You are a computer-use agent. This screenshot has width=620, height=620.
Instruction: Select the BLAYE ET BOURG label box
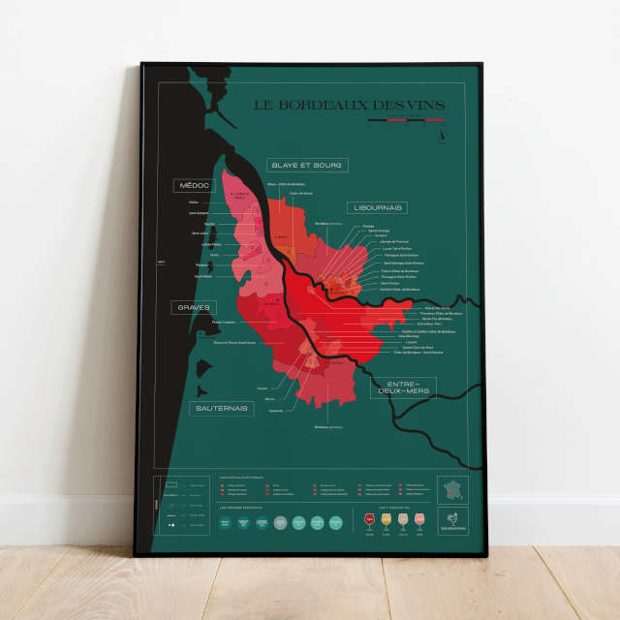pos(307,165)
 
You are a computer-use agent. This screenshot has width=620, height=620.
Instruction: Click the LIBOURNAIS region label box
pos(378,207)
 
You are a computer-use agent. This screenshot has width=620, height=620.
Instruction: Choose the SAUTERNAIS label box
pos(221,408)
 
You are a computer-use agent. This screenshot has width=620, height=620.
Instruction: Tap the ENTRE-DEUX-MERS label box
pos(403,387)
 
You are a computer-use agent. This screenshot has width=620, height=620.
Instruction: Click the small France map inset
pos(452,489)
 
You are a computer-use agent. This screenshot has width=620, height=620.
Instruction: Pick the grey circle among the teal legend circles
pos(281,522)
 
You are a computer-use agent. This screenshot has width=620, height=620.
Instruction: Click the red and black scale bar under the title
pos(407,121)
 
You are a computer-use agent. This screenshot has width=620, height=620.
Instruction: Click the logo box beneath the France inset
pos(452,521)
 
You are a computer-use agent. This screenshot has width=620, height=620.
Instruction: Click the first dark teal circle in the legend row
pos(226,522)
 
